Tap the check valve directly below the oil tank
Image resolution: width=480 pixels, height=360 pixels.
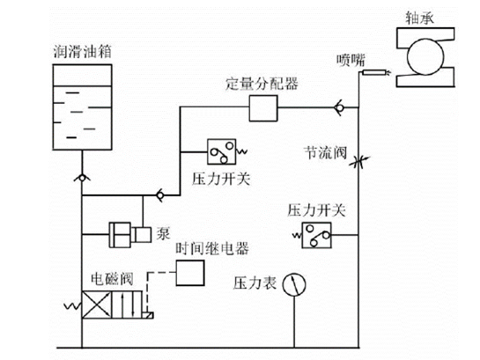(81, 178)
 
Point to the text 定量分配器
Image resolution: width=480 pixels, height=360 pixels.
(262, 83)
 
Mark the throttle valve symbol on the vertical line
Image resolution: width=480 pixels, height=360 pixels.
(358, 163)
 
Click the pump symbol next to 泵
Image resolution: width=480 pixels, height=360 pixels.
(129, 234)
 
